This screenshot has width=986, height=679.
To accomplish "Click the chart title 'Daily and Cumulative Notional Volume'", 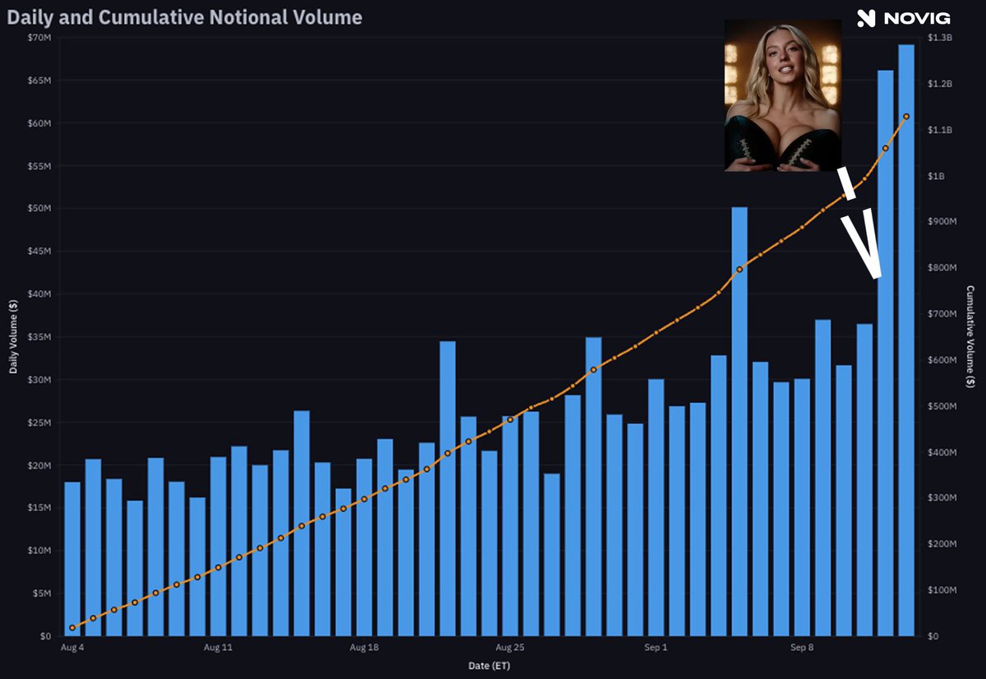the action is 184,17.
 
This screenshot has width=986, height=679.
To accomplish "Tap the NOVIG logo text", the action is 917,18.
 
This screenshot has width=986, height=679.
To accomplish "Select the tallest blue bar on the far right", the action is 905,340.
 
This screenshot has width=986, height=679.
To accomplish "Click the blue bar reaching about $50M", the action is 739,422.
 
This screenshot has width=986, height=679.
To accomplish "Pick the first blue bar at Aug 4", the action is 72,559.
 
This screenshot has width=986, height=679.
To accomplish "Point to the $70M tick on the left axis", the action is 39,38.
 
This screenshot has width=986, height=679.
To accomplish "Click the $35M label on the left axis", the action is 39,337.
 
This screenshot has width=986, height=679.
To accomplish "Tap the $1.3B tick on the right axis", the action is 940,38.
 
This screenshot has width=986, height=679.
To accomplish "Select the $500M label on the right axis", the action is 942,406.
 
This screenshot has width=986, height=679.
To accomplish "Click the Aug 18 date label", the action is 364,647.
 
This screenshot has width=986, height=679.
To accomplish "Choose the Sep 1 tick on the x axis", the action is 656,647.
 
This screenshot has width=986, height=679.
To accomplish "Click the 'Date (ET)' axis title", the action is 489,666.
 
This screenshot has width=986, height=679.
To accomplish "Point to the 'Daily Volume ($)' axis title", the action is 13,337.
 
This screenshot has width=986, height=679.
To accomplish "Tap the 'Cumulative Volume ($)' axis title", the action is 970,337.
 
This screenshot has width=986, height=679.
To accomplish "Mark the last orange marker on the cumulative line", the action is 906,117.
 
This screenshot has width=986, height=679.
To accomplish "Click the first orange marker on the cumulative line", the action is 72,627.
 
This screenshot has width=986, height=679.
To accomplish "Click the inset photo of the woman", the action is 783,95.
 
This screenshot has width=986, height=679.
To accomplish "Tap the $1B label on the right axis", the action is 936,176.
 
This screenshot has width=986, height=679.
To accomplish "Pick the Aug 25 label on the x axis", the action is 510,647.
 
